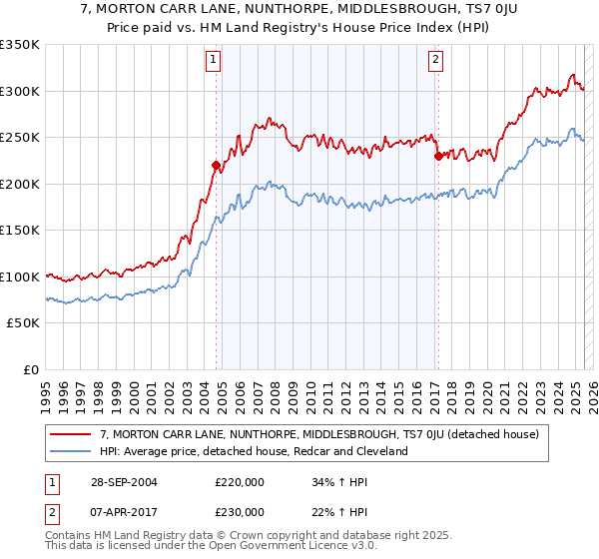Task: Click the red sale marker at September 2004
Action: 217,165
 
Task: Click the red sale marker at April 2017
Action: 437,156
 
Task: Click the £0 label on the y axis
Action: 32,369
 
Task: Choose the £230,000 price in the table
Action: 240,511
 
